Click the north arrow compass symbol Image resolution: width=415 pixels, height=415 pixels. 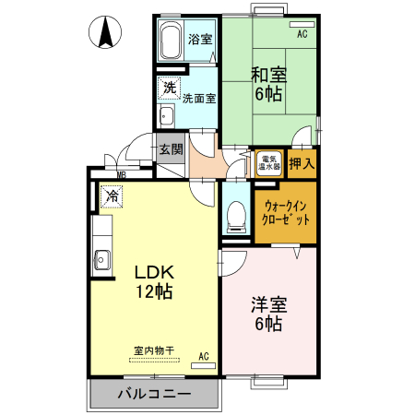(x=106, y=34)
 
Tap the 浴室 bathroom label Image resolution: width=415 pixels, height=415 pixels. (x=199, y=39)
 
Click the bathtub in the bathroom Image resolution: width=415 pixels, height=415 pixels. (x=172, y=41)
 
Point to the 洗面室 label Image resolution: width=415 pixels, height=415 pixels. (x=198, y=98)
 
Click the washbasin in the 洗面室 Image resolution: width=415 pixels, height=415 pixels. (x=167, y=116)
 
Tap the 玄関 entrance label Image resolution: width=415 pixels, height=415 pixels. (x=171, y=149)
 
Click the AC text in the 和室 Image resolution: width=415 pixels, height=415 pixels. (x=302, y=34)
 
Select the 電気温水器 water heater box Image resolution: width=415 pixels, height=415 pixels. (x=269, y=163)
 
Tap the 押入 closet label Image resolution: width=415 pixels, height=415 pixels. (x=302, y=164)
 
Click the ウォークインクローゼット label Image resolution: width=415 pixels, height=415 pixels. (x=287, y=214)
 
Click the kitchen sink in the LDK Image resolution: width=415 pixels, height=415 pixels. (x=101, y=258)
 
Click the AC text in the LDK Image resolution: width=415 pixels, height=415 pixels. (x=203, y=355)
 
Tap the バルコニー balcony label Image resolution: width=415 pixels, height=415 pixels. (x=154, y=395)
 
